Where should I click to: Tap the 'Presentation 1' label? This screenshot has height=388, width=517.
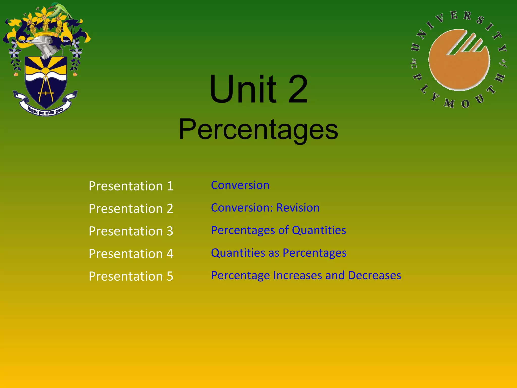click(x=131, y=186)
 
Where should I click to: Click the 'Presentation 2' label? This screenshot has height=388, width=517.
click(x=131, y=209)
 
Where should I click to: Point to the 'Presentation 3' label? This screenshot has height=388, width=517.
click(x=131, y=231)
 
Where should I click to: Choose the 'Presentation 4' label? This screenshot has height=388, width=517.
click(x=131, y=254)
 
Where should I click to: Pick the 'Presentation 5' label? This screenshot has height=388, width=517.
click(x=131, y=276)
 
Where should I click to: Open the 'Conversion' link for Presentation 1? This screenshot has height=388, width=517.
click(x=240, y=185)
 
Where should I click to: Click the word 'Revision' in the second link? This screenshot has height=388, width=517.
click(x=298, y=208)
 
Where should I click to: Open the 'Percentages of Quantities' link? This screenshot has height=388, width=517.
click(x=278, y=230)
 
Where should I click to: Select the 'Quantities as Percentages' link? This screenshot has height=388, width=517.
click(x=279, y=253)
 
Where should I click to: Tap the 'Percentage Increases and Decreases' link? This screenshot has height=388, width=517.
click(x=306, y=275)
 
